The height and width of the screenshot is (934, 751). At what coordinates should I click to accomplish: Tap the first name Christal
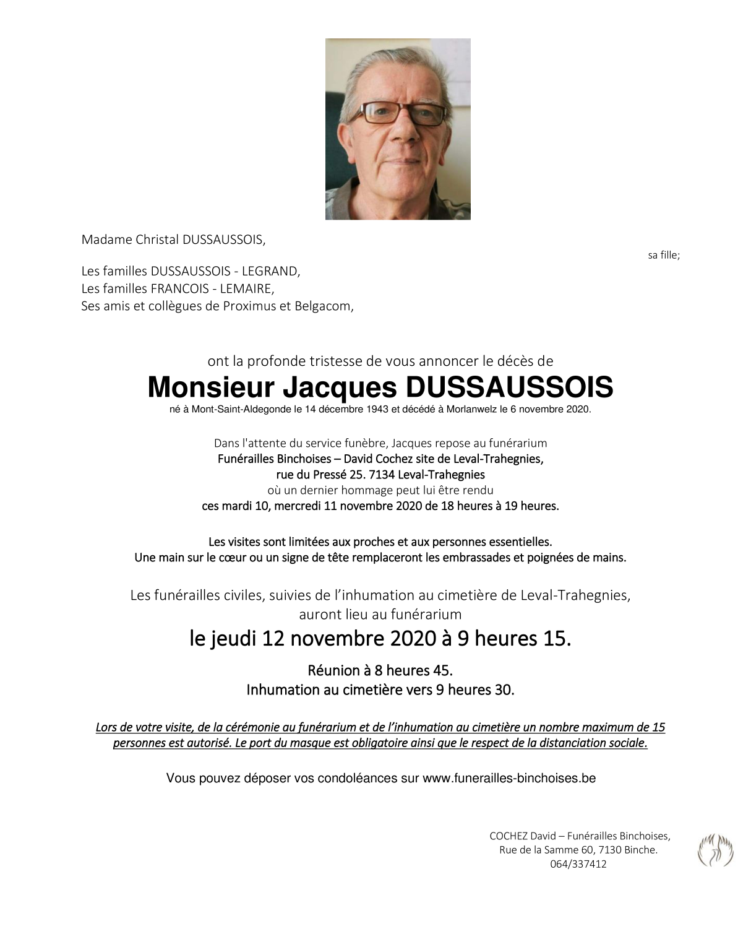coord(157,240)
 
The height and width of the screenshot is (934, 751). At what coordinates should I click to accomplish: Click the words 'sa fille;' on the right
coord(664,255)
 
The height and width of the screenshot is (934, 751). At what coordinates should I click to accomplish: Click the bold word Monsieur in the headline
coord(210,387)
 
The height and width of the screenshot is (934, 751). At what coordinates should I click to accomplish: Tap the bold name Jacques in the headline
coord(340,387)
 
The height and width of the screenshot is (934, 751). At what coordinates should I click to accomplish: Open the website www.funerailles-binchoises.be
coord(509,778)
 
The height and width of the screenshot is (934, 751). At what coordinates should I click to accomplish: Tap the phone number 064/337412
coord(578,864)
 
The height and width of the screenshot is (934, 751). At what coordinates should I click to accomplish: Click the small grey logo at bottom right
coord(715,850)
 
